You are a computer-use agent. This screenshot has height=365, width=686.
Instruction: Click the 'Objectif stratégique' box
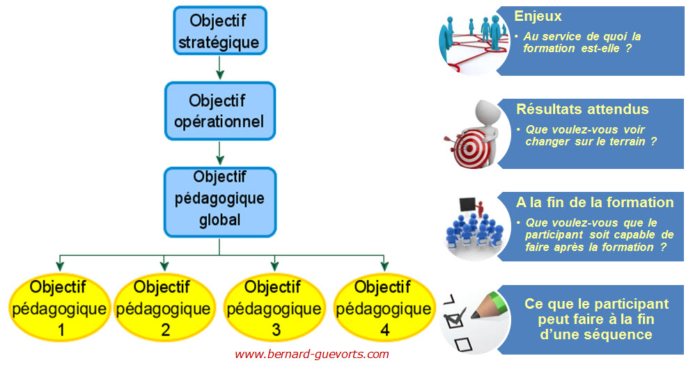coord(219,31)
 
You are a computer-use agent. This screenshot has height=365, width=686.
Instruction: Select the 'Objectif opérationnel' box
coord(219,111)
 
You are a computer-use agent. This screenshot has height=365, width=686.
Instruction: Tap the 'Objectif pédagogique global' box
coord(219,202)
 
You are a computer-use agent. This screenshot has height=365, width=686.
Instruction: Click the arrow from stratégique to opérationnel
coord(219,67)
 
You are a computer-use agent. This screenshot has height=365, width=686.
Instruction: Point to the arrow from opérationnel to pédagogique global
coord(219,153)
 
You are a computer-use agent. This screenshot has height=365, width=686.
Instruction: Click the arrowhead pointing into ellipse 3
coord(274,266)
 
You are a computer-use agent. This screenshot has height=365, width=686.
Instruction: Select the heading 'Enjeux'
coord(538,16)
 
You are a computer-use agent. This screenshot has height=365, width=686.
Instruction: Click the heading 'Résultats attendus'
coord(582,108)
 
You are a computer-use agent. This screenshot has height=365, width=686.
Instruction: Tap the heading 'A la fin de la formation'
coord(595,202)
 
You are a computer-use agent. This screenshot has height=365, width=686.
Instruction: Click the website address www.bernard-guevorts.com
coord(311,354)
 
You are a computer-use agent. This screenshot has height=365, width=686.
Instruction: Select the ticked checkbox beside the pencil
coord(454,319)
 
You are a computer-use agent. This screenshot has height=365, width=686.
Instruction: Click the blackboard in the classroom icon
coord(467,204)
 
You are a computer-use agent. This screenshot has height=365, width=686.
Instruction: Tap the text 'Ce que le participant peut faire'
coord(596,311)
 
